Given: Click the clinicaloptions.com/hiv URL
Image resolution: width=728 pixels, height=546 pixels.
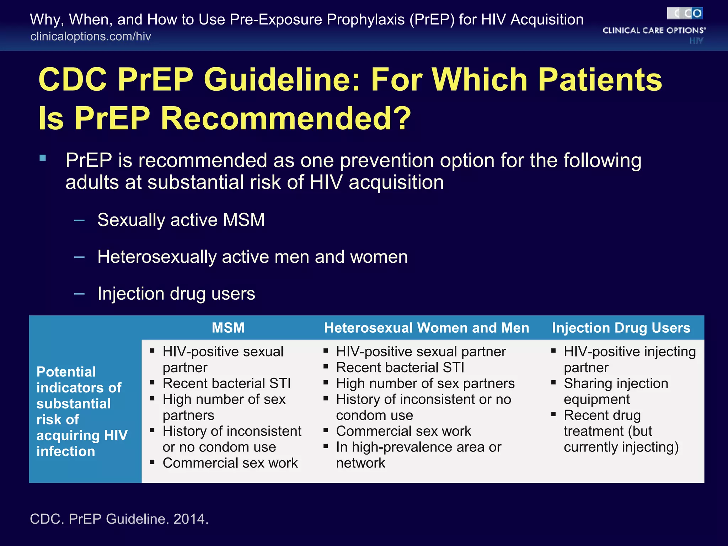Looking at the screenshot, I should click(x=91, y=36).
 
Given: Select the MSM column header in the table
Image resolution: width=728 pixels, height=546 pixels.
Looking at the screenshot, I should click(x=228, y=327).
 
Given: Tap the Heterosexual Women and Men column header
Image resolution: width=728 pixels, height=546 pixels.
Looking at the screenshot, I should click(x=426, y=327).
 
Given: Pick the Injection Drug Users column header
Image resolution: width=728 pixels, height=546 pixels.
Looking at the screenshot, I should click(x=621, y=327).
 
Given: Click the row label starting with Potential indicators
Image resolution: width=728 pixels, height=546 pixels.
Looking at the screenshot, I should click(x=81, y=411).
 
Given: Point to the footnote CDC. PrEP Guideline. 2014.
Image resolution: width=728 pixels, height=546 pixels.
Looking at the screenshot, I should click(x=119, y=519).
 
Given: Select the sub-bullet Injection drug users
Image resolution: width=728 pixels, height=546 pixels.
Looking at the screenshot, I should click(x=176, y=294).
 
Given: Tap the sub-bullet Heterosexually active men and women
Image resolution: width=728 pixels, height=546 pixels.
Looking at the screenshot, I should click(x=252, y=257).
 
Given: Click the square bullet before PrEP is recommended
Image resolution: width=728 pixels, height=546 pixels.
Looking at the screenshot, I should click(x=43, y=158).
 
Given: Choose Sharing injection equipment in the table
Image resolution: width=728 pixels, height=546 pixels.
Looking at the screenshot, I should click(x=615, y=391).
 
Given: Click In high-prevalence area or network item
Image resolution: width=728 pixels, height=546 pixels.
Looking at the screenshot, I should click(x=418, y=455).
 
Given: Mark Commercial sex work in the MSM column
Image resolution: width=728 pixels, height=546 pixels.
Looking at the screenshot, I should click(x=230, y=463).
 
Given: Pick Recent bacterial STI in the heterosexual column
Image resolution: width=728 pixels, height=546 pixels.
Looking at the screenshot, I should click(x=400, y=367).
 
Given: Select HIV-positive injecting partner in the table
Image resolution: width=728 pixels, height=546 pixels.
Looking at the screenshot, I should click(x=629, y=359).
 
